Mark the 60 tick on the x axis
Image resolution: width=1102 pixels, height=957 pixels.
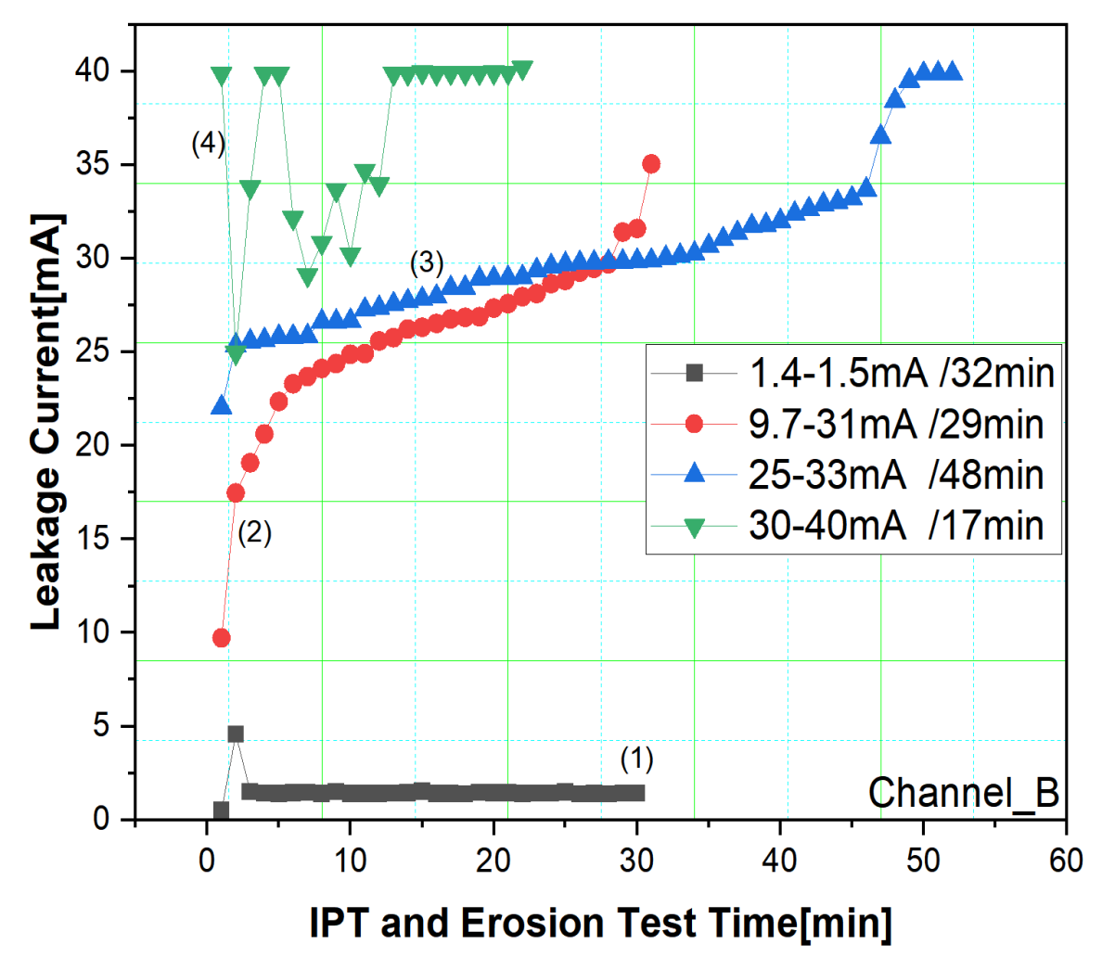(x=1066, y=860)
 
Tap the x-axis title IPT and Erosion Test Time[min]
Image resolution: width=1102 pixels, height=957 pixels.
(x=601, y=924)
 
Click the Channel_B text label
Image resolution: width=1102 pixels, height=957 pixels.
(x=964, y=794)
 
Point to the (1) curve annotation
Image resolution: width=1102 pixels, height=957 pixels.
(x=637, y=759)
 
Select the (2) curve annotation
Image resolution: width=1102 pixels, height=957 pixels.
(x=254, y=533)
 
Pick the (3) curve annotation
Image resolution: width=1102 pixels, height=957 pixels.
(x=427, y=262)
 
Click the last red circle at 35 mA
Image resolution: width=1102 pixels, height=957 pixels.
(x=651, y=164)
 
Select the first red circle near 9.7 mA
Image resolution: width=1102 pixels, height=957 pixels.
(x=221, y=638)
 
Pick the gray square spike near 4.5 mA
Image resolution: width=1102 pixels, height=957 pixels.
(x=236, y=734)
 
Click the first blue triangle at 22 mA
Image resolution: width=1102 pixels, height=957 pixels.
(x=221, y=406)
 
